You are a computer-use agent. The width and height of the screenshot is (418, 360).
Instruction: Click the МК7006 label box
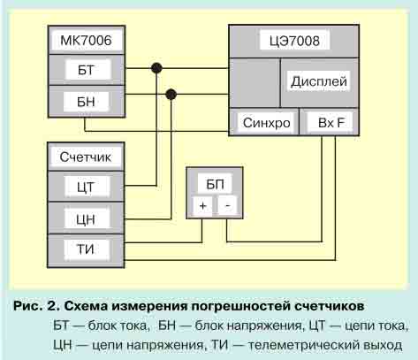pyautogui.click(x=86, y=41)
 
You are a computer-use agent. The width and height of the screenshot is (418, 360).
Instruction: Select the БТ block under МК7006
pyautogui.click(x=87, y=70)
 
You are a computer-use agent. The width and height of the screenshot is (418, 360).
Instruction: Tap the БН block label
pyautogui.click(x=86, y=102)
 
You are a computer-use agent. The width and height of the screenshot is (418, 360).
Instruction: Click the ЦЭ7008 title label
pyautogui.click(x=294, y=41)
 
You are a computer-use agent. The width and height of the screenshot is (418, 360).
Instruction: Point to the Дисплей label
pyautogui.click(x=318, y=81)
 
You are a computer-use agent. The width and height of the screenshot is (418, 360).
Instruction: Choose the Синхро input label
pyautogui.click(x=266, y=123)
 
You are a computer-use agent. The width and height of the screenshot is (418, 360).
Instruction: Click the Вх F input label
pyautogui.click(x=331, y=122)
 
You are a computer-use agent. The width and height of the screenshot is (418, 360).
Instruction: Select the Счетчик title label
pyautogui.click(x=86, y=157)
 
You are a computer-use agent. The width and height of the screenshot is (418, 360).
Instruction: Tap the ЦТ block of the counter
pyautogui.click(x=87, y=187)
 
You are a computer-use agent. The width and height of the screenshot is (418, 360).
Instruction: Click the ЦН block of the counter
pyautogui.click(x=87, y=218)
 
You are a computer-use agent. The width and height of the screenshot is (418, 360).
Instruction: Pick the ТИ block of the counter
pyautogui.click(x=87, y=249)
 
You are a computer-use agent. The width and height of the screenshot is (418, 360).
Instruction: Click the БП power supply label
pyautogui.click(x=215, y=184)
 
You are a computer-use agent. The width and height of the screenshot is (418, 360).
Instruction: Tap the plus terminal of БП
pyautogui.click(x=202, y=205)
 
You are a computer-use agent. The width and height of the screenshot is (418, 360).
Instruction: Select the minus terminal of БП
pyautogui.click(x=227, y=205)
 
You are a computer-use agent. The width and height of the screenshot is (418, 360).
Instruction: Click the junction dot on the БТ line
pyautogui.click(x=156, y=68)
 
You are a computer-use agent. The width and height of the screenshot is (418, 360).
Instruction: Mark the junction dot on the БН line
pyautogui.click(x=171, y=95)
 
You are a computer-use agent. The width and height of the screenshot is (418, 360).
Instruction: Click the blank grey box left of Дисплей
pyautogui.click(x=255, y=83)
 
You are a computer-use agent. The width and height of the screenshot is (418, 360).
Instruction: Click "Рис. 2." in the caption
pyautogui.click(x=37, y=306)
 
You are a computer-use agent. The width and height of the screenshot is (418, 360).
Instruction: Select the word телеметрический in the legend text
pyautogui.click(x=303, y=345)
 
